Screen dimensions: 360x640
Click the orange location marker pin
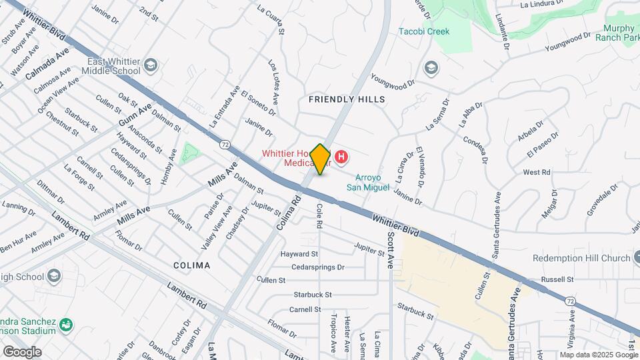pyautogui.click(x=321, y=159)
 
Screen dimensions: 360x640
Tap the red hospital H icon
pyautogui.click(x=341, y=157)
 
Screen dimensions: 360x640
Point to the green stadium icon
pyautogui.click(x=66, y=325)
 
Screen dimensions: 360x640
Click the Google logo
pyautogui.click(x=22, y=352)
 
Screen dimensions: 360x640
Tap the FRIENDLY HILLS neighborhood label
pyautogui.click(x=347, y=99)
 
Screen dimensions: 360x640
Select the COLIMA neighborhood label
pyautogui.click(x=192, y=265)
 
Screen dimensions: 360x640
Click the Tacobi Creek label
pyautogui.click(x=424, y=31)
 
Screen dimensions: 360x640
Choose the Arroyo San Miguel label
pyautogui.click(x=367, y=183)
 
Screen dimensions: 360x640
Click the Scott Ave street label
pyautogui.click(x=391, y=250)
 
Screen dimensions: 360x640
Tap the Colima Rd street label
pyautogui.click(x=287, y=213)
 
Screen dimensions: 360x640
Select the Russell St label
pyautogui.click(x=557, y=279)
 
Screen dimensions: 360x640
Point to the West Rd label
pyautogui.click(x=536, y=172)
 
